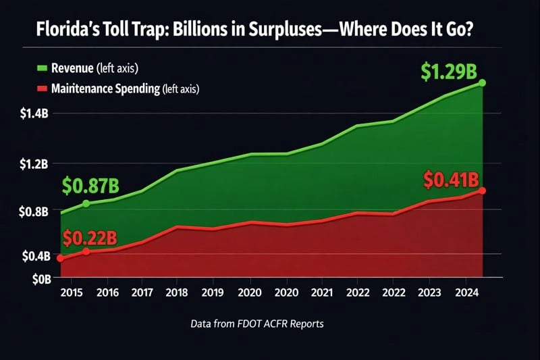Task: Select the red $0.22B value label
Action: (90, 238)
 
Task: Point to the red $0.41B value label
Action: (451, 180)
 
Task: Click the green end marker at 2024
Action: (483, 83)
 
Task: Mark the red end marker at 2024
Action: (483, 190)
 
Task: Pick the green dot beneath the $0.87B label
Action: (86, 203)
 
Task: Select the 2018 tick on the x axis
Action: (177, 293)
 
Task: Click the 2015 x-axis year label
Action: (72, 293)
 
